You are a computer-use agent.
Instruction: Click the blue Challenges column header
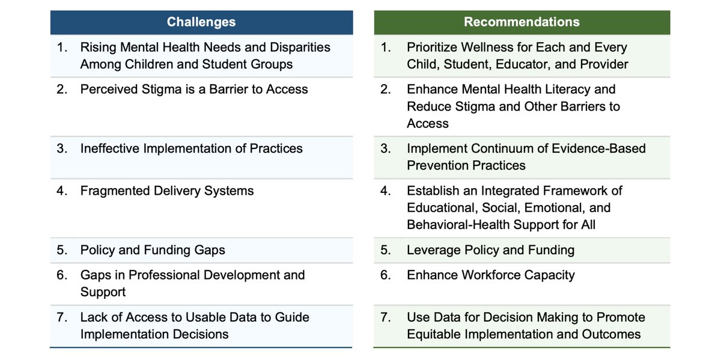pyautogui.click(x=201, y=22)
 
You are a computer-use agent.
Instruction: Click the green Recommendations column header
pyautogui.click(x=522, y=22)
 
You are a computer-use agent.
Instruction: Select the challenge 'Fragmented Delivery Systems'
pyautogui.click(x=167, y=191)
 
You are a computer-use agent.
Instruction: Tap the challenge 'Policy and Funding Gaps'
pyautogui.click(x=153, y=250)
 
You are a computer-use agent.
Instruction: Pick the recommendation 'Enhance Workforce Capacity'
pyautogui.click(x=490, y=275)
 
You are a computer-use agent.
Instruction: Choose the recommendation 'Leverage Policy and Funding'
pyautogui.click(x=490, y=250)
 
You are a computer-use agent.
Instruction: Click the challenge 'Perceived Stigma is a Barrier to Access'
pyautogui.click(x=194, y=90)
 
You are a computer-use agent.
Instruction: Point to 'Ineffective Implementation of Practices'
pyautogui.click(x=191, y=148)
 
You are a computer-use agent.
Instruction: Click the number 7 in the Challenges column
pyautogui.click(x=62, y=317)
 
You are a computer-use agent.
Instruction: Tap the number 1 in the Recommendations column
pyautogui.click(x=386, y=47)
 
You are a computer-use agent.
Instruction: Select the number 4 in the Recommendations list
pyautogui.click(x=386, y=191)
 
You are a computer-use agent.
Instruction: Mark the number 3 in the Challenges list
pyautogui.click(x=62, y=148)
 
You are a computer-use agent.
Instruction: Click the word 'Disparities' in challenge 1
pyautogui.click(x=297, y=47)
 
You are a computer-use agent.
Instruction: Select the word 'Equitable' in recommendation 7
pyautogui.click(x=436, y=334)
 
